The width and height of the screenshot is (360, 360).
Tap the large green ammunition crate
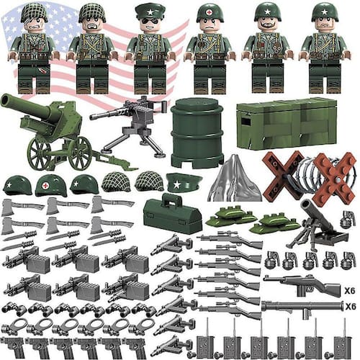click(287, 123)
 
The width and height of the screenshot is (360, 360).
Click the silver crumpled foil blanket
click(235, 179)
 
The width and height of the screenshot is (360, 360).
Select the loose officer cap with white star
click(184, 182)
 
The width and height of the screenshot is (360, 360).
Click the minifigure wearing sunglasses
click(150, 48)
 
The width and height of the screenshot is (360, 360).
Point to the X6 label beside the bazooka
click(351, 307)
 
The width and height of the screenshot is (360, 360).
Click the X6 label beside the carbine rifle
click(349, 291)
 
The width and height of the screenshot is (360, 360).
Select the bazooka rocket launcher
click(302, 308)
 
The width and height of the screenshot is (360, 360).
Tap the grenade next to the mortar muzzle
click(346, 219)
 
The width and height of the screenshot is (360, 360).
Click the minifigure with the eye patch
click(34, 48)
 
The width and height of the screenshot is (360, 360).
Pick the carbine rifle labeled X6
click(302, 284)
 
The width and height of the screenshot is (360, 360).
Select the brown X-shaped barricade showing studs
click(334, 177)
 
